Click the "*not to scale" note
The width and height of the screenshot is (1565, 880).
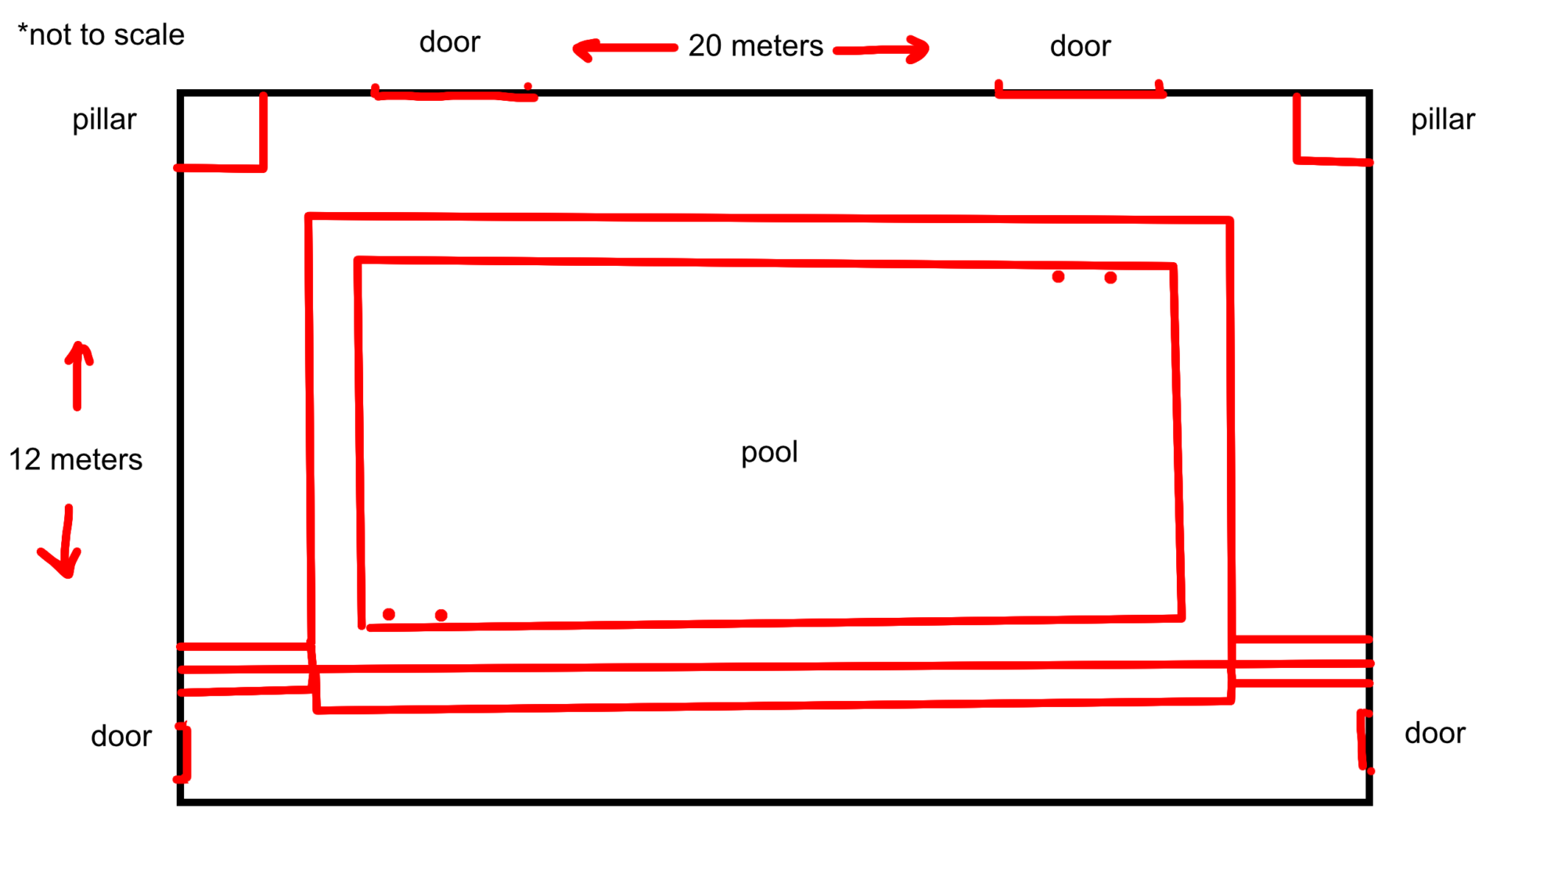[101, 35]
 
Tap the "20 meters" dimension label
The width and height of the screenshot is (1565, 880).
[755, 46]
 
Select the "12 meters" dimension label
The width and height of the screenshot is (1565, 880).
[75, 459]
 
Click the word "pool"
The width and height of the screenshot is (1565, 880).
[769, 452]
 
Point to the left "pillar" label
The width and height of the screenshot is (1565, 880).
[104, 120]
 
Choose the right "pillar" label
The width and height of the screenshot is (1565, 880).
[1442, 120]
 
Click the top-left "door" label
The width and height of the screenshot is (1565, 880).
[449, 42]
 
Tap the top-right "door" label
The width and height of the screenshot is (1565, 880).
[1080, 46]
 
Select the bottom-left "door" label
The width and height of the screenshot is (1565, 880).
[121, 736]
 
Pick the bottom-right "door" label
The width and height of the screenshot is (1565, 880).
[1434, 733]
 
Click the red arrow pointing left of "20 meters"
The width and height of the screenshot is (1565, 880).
[624, 49]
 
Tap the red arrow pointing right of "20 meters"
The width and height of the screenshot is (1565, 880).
[882, 50]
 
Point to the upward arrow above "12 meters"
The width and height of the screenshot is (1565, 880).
[77, 375]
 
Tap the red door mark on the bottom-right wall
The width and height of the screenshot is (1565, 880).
[1363, 740]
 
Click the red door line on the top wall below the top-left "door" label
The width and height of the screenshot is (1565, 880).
[454, 95]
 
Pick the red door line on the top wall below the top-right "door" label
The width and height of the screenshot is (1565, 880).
[1080, 93]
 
